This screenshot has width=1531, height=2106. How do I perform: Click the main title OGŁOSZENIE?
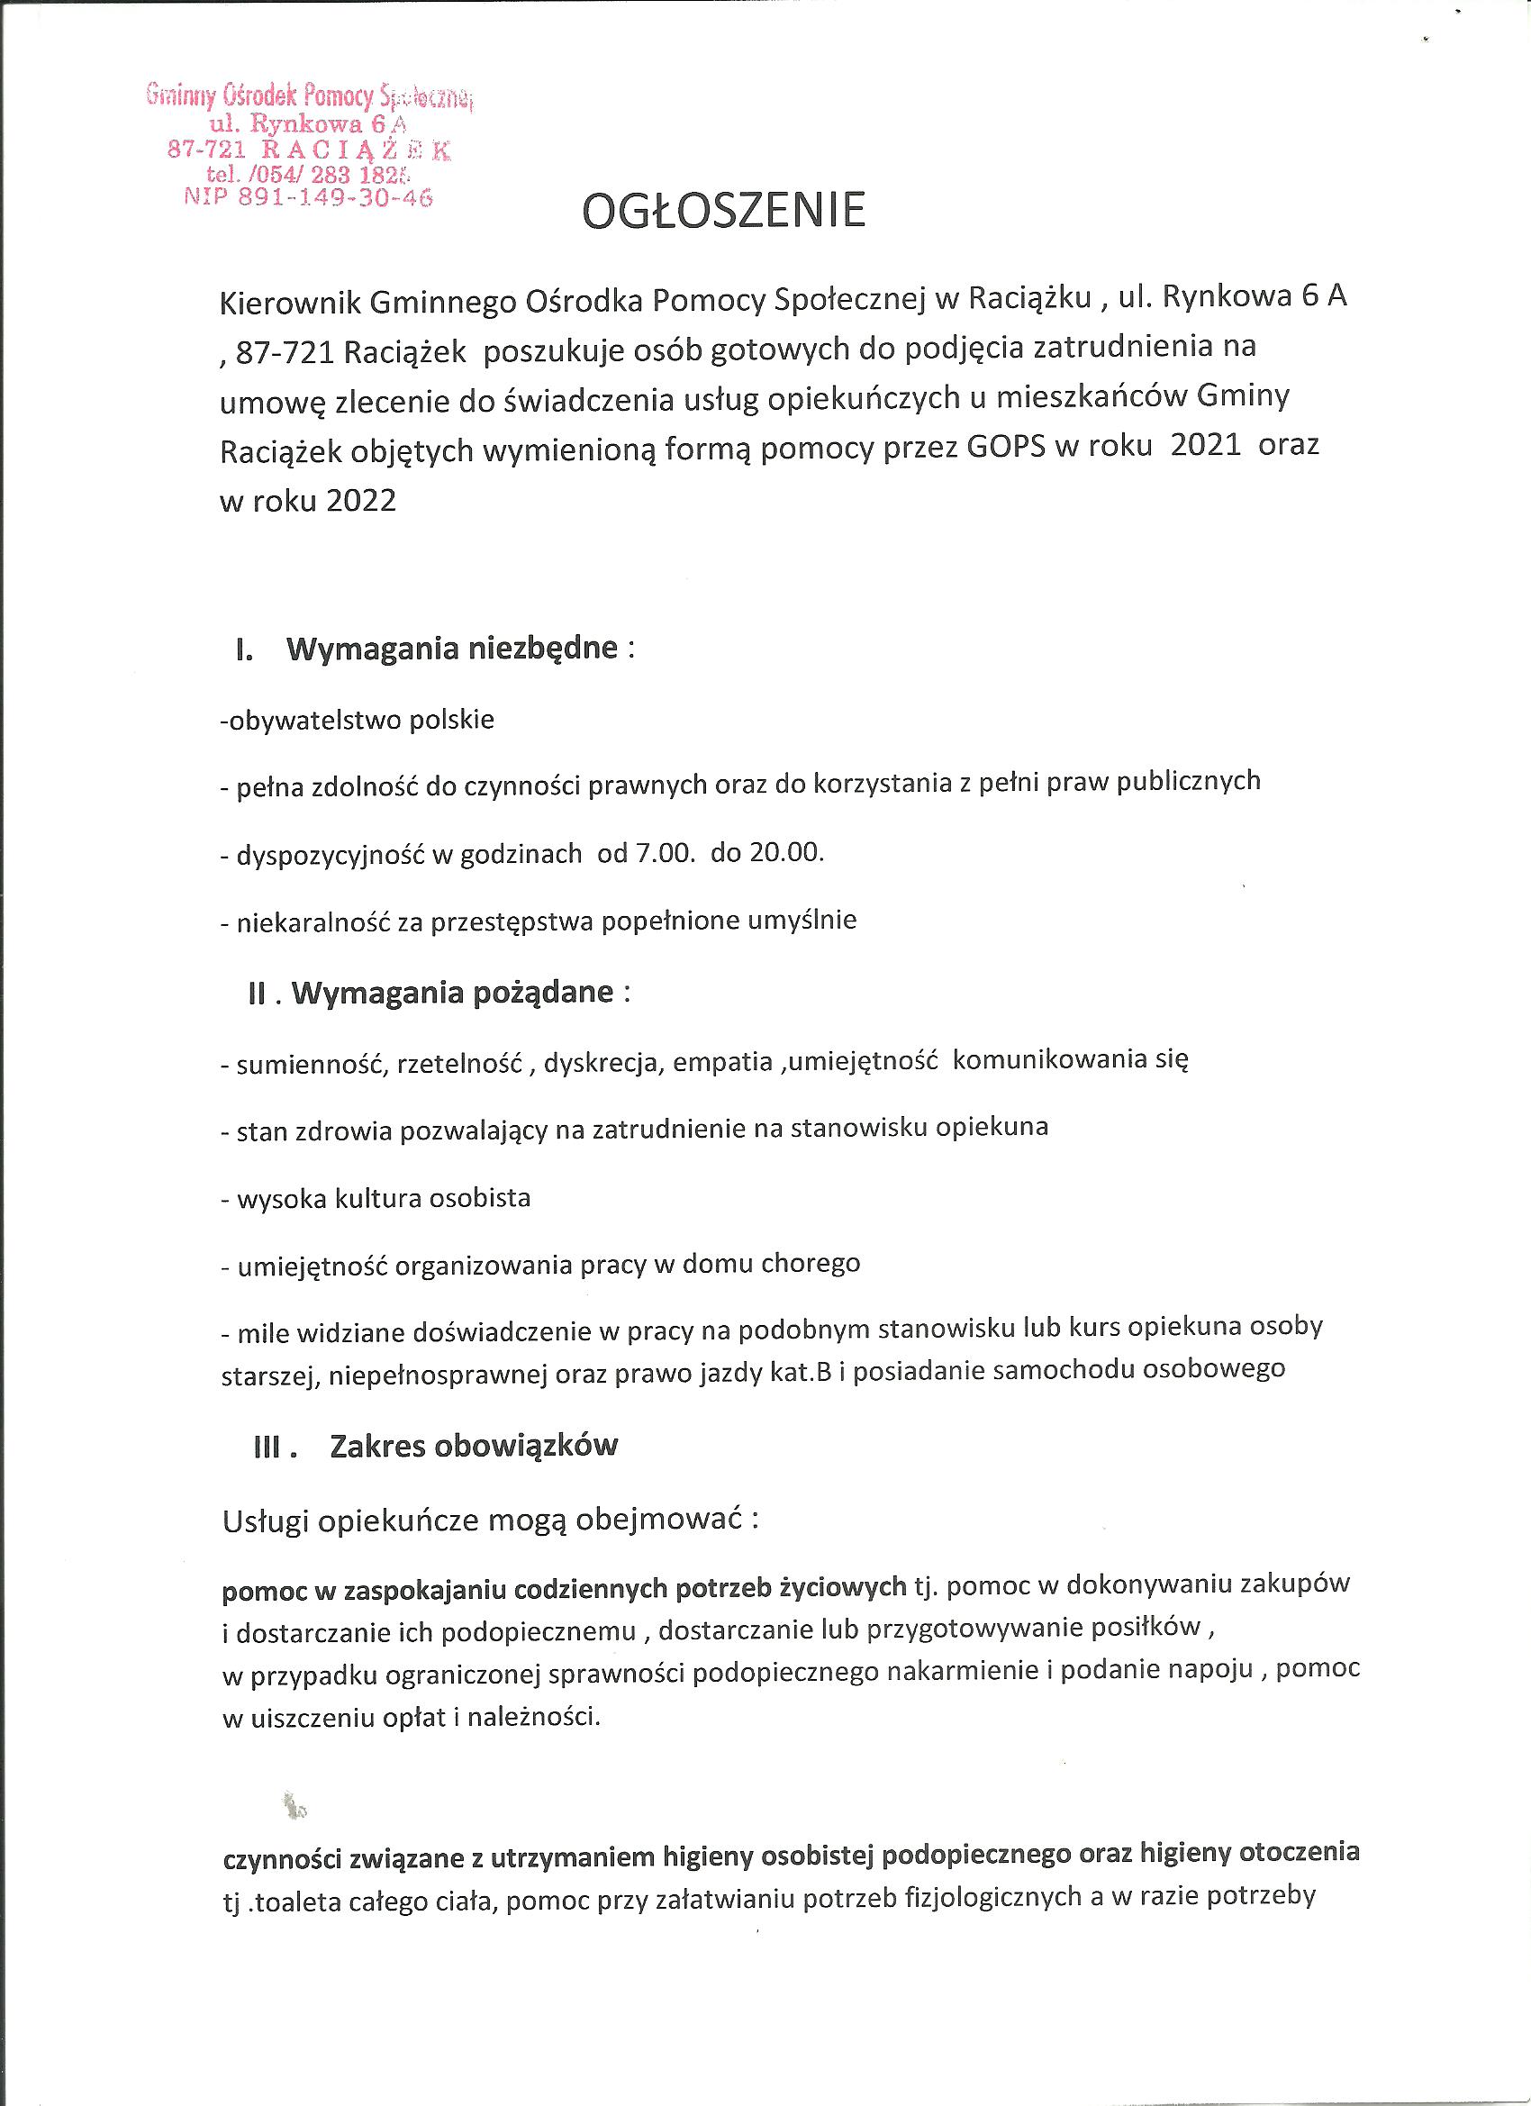click(723, 212)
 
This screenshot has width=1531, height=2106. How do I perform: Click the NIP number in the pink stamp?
click(309, 197)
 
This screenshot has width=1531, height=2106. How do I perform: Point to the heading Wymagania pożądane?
click(452, 993)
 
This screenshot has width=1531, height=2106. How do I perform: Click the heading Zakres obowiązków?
click(474, 1446)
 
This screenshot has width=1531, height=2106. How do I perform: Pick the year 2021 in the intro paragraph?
click(1206, 446)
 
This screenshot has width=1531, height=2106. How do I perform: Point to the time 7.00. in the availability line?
click(664, 853)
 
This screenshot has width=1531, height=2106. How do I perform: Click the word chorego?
click(811, 1264)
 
